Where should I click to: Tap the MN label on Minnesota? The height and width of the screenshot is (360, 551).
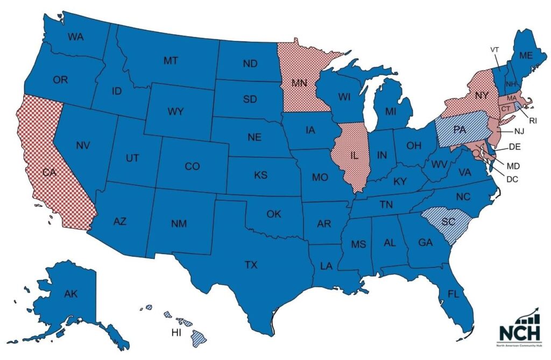pos(299,83)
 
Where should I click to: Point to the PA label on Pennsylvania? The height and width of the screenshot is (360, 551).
pos(460,130)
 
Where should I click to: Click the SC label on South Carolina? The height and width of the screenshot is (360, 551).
pos(448,222)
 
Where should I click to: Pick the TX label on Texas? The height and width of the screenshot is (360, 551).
pos(251,265)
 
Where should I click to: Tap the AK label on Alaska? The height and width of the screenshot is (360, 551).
pos(70,294)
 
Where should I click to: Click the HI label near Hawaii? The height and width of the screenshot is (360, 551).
pos(176,333)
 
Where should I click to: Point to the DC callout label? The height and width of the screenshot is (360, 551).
pos(512,179)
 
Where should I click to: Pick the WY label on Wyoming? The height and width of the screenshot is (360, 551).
pos(175,111)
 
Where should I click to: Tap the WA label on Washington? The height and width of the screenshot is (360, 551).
pos(75,37)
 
